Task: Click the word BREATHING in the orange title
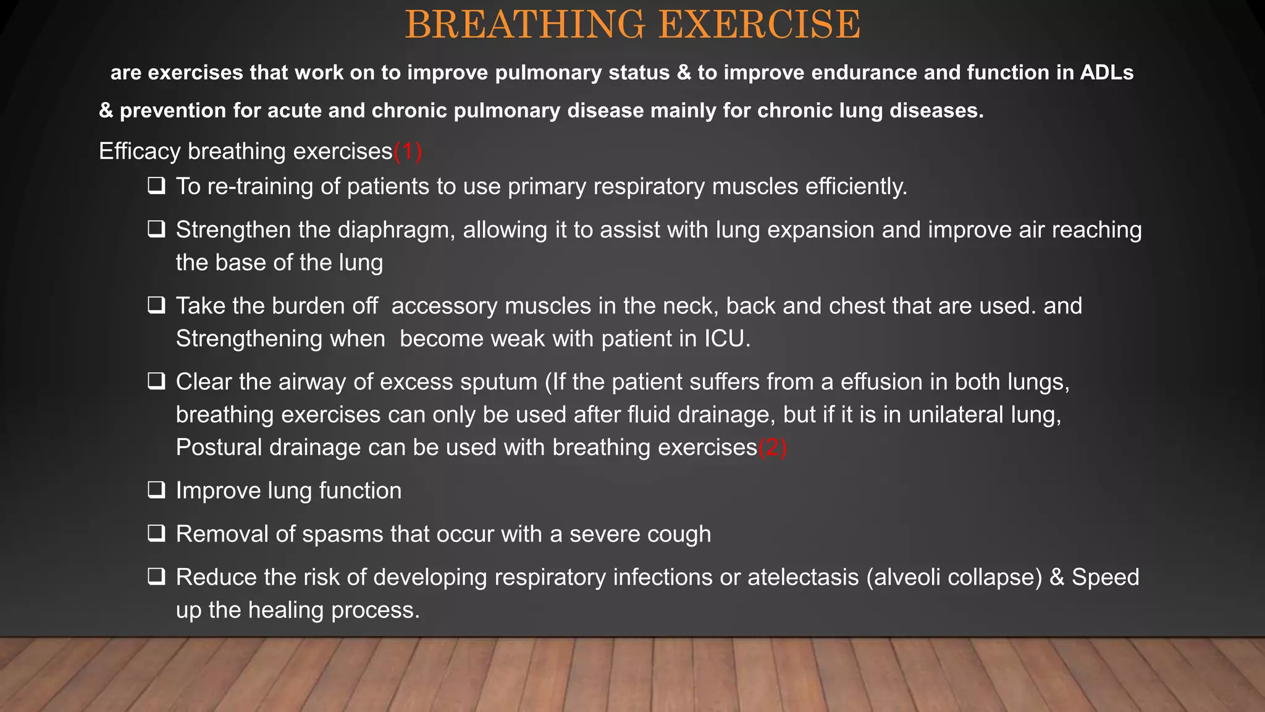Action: (x=524, y=25)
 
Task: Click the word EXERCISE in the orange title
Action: (x=759, y=25)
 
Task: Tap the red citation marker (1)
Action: (x=408, y=151)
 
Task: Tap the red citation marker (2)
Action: (x=773, y=447)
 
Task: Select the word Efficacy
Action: (x=140, y=152)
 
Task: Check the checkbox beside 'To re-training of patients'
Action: (x=156, y=186)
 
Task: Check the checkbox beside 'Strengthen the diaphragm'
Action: (x=156, y=229)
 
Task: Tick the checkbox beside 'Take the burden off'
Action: (x=156, y=305)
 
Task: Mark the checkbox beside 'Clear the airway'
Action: (x=156, y=381)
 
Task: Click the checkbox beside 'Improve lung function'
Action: (x=156, y=490)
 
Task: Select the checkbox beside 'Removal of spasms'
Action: (x=156, y=533)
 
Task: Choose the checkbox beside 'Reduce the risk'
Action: (x=156, y=577)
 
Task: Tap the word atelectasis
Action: (x=803, y=577)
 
